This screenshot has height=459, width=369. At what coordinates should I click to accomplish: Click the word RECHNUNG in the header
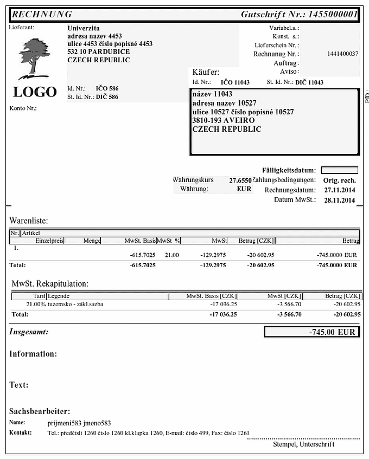42,15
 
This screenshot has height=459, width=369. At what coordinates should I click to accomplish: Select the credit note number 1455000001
333,15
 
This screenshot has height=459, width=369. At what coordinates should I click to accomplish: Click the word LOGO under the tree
35,92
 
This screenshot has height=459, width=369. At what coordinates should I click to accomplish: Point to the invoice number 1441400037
343,54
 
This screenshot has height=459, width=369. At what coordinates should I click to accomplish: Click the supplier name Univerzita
84,28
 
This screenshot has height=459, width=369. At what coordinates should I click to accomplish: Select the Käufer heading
206,72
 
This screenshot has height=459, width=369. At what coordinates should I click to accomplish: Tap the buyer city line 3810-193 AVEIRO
223,121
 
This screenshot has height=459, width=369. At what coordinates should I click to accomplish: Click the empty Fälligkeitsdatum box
339,170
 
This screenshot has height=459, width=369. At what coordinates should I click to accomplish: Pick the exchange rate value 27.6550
240,180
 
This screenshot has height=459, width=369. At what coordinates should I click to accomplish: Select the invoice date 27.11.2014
339,190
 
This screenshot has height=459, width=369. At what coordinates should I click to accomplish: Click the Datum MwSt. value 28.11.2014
339,201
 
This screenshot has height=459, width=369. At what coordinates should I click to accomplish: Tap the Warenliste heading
29,221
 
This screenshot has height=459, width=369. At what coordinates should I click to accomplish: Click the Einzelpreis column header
49,241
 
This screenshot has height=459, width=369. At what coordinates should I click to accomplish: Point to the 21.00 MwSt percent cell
172,255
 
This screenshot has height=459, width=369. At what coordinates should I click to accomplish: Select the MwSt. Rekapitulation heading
50,283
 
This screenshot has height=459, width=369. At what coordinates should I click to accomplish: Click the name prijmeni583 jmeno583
79,423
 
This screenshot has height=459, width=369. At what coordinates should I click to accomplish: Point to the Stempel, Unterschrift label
304,444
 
